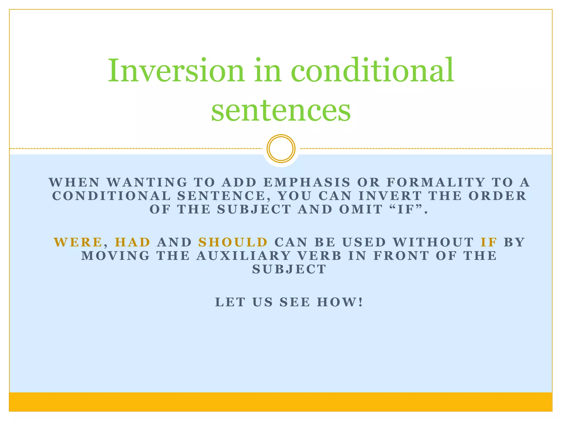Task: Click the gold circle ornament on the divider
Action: pos(281,148)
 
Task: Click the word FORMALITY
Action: pos(436,183)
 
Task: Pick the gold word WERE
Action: pos(78,242)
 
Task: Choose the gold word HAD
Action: pos(133,242)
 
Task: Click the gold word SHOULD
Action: pos(233,242)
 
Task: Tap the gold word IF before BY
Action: pos(489,242)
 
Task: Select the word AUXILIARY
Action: pos(243,256)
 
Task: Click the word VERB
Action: pos(319,256)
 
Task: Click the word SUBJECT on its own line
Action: pos(289,269)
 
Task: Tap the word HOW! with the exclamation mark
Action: pos(340,302)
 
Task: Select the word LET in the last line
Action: pos(230,302)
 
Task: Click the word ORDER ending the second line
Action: pos(497,196)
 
